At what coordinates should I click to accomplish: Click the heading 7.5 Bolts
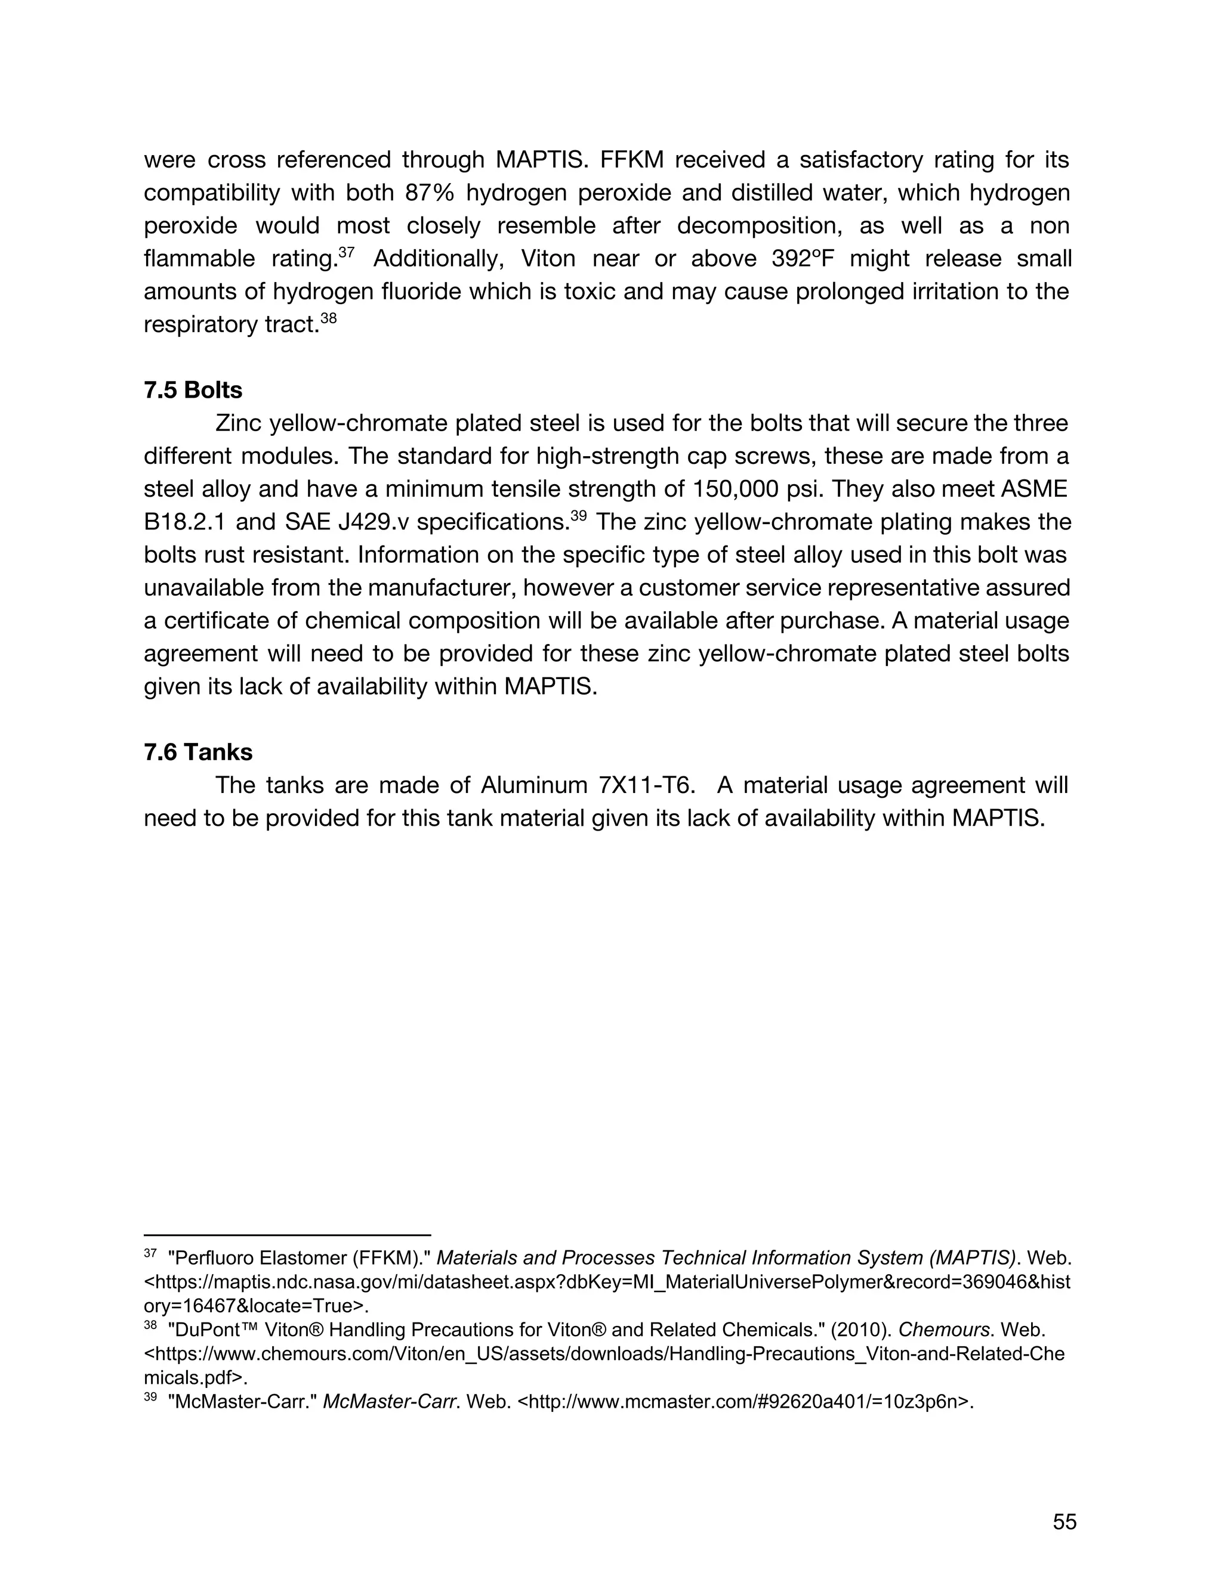coord(193,390)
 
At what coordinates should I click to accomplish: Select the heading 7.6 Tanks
coord(198,752)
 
